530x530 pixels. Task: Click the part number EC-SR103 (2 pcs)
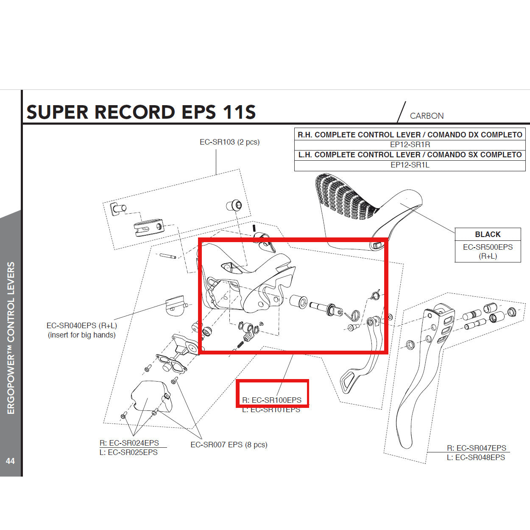pos(229,142)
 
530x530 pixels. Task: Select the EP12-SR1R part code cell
pos(410,145)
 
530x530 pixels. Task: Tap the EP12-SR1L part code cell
pos(410,165)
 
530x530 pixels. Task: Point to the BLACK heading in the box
pos(488,234)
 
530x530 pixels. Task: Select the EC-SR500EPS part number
pos(488,247)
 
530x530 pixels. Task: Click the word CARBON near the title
pos(427,116)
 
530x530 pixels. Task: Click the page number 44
pos(10,461)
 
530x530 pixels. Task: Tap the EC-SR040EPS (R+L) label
pos(81,326)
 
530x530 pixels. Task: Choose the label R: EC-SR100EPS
pos(272,400)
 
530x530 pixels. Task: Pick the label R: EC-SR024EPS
pos(129,443)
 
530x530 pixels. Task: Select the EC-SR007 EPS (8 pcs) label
pos(229,445)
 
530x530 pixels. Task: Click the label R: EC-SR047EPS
pos(477,448)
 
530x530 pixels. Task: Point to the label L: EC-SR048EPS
pos(476,457)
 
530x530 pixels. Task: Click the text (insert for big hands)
pos(81,335)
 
